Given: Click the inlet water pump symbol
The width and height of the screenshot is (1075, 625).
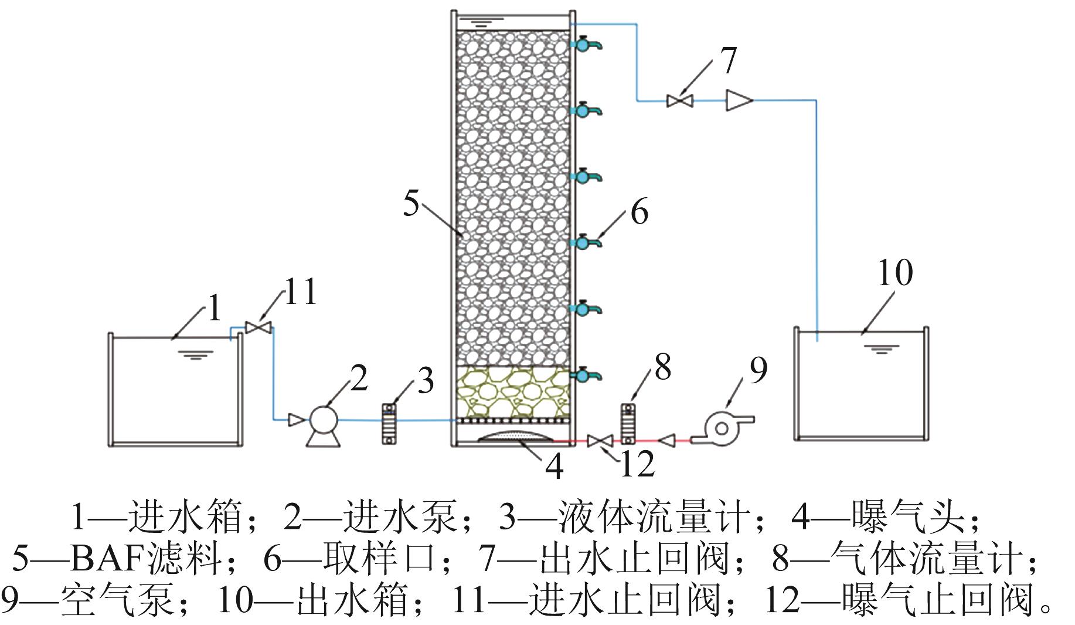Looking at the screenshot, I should click(x=323, y=420).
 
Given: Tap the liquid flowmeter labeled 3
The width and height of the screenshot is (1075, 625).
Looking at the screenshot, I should click(x=389, y=423).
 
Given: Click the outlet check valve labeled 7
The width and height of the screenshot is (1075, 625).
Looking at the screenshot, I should click(x=680, y=101).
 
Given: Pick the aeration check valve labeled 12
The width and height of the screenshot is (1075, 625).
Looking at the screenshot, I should click(x=600, y=441).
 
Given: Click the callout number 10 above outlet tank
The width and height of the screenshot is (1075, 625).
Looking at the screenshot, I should click(x=895, y=273).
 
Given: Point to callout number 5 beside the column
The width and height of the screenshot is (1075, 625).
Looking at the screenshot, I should click(x=412, y=204).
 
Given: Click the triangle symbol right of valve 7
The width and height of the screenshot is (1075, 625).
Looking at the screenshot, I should click(x=737, y=100).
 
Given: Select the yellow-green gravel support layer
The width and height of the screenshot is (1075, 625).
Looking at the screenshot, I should click(x=512, y=392).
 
